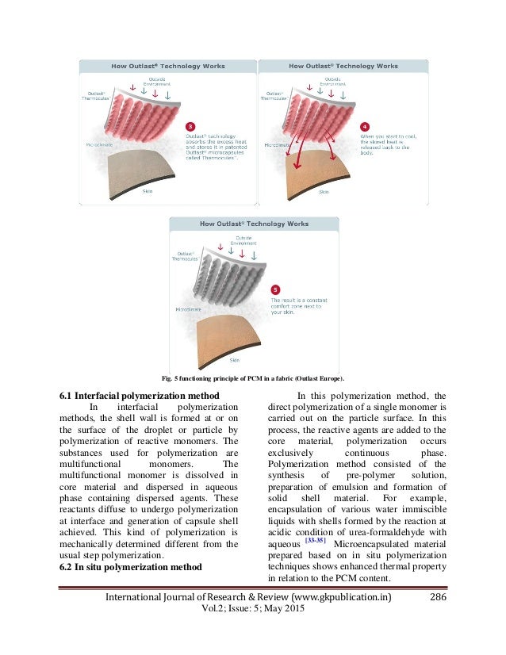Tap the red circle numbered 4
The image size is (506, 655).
point(364,126)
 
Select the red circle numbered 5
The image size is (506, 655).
point(275,290)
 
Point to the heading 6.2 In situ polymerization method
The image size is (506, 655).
point(130,567)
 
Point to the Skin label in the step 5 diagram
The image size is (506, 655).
point(235,360)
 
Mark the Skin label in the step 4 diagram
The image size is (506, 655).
point(324,191)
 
